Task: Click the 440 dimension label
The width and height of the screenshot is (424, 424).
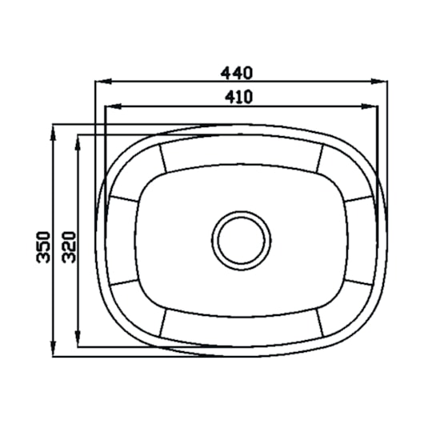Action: point(237,73)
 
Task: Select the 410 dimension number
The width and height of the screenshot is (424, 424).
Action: point(238,98)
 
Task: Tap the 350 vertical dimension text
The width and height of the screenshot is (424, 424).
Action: point(43,247)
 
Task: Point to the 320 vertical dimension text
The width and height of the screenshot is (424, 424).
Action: point(69,247)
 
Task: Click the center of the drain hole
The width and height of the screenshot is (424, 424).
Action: point(242,240)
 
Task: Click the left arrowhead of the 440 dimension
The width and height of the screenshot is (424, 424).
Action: point(103,81)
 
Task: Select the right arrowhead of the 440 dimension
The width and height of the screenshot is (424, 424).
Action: point(379,81)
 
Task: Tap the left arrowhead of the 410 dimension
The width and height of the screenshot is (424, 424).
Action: point(113,106)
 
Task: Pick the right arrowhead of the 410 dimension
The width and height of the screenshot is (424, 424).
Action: point(370,106)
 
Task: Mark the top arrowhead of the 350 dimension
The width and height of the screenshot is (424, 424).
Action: point(54,133)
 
